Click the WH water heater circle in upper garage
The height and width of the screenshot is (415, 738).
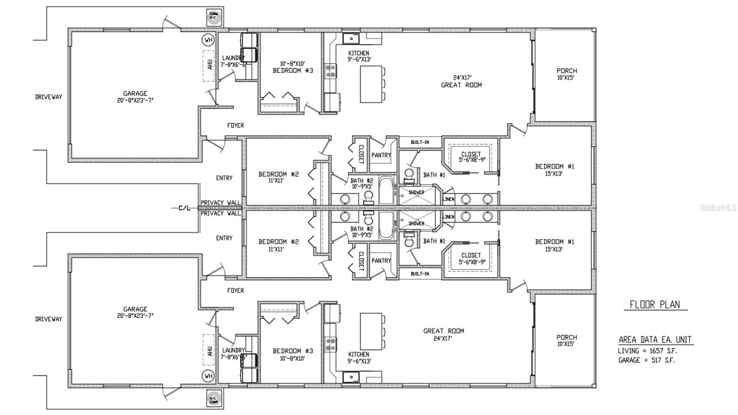coord(208,40)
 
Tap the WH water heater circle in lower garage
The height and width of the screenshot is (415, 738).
coord(208,376)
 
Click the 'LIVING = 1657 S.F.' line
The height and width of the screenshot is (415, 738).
coord(648,351)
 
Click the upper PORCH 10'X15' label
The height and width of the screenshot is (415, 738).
coord(566,74)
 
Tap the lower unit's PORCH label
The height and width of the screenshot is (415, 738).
coord(566,341)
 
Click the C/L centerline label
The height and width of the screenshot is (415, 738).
coord(184,208)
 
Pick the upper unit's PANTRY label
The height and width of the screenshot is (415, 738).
coord(381,156)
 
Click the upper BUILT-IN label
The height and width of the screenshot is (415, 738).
coord(420,142)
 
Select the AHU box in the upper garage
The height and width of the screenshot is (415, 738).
coord(210,65)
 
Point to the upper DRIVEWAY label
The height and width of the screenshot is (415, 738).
coord(48,97)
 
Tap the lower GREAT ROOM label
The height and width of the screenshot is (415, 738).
coord(444,331)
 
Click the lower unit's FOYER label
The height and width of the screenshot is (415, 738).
coord(235,290)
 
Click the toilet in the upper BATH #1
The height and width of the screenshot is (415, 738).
coord(408,174)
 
